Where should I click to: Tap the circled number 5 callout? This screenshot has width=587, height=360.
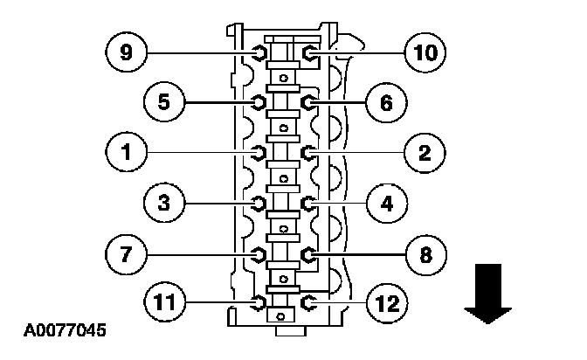(x=164, y=102)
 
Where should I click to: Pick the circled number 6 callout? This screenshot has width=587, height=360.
(x=385, y=102)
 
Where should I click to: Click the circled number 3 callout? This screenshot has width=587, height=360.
(x=164, y=204)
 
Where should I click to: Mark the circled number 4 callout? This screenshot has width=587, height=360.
(x=385, y=204)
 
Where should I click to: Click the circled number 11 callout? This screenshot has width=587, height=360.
(x=164, y=303)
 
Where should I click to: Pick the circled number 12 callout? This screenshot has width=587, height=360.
(x=385, y=303)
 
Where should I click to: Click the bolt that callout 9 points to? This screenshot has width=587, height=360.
(x=259, y=53)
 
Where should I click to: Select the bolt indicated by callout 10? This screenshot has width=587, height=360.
(x=309, y=53)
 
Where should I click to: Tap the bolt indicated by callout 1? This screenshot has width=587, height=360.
(x=259, y=153)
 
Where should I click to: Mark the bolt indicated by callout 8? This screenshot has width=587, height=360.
(x=309, y=254)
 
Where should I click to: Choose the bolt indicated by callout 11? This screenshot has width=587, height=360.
(x=259, y=303)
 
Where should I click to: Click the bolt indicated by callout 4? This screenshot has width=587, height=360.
(x=309, y=204)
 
